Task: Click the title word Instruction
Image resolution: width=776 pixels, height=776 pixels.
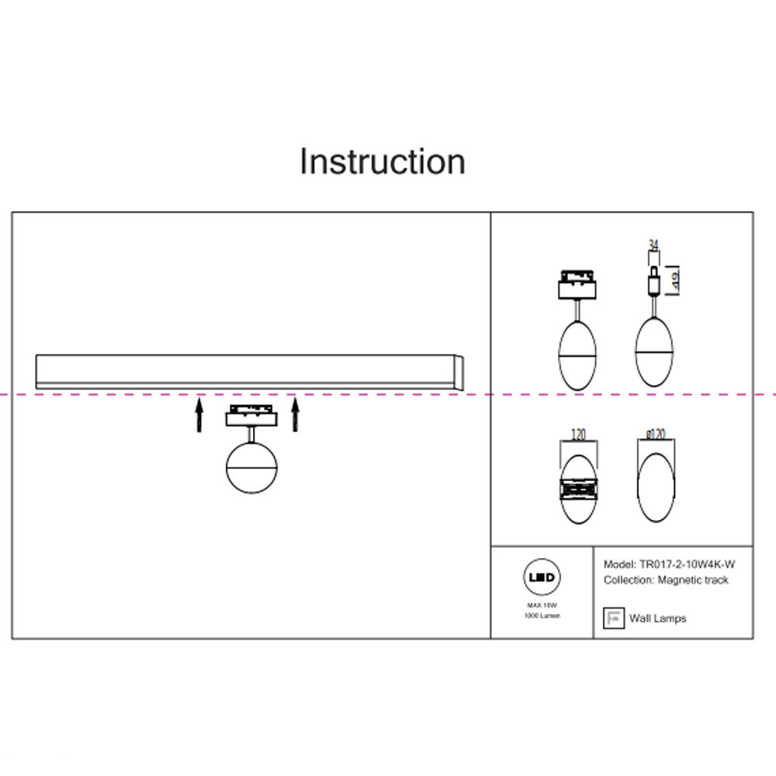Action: pyautogui.click(x=383, y=161)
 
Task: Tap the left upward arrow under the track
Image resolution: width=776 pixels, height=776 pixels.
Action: pyautogui.click(x=199, y=414)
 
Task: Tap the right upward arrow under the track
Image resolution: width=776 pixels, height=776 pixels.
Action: pyautogui.click(x=295, y=414)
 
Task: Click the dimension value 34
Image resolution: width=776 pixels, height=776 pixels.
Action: pyautogui.click(x=653, y=246)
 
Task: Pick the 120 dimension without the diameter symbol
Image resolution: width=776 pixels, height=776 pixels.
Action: pyautogui.click(x=577, y=434)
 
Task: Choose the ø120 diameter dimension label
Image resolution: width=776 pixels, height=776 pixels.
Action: pyautogui.click(x=656, y=434)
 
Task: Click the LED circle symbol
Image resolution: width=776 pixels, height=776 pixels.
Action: pyautogui.click(x=542, y=578)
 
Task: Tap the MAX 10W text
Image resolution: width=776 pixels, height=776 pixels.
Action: pyautogui.click(x=542, y=604)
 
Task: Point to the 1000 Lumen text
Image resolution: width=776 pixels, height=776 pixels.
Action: pyautogui.click(x=542, y=615)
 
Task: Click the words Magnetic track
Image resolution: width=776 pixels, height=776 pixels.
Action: pyautogui.click(x=693, y=580)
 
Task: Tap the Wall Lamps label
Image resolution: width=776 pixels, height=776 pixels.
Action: pyautogui.click(x=657, y=618)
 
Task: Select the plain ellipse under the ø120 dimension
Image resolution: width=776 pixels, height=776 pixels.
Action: pyautogui.click(x=656, y=487)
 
